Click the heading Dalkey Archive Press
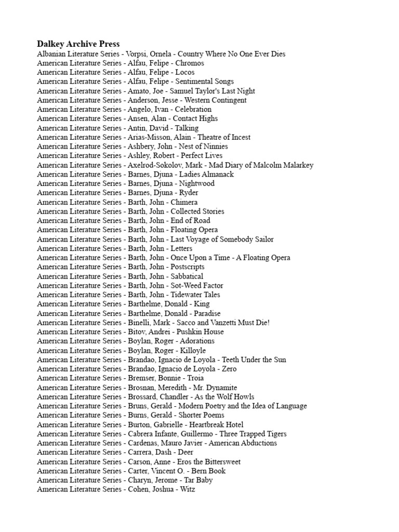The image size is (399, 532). coord(78,44)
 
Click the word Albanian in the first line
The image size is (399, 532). coord(51,54)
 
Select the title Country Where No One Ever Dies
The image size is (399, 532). coord(231,54)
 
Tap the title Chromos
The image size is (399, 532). coord(190,63)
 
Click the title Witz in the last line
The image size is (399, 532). coord(187,489)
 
